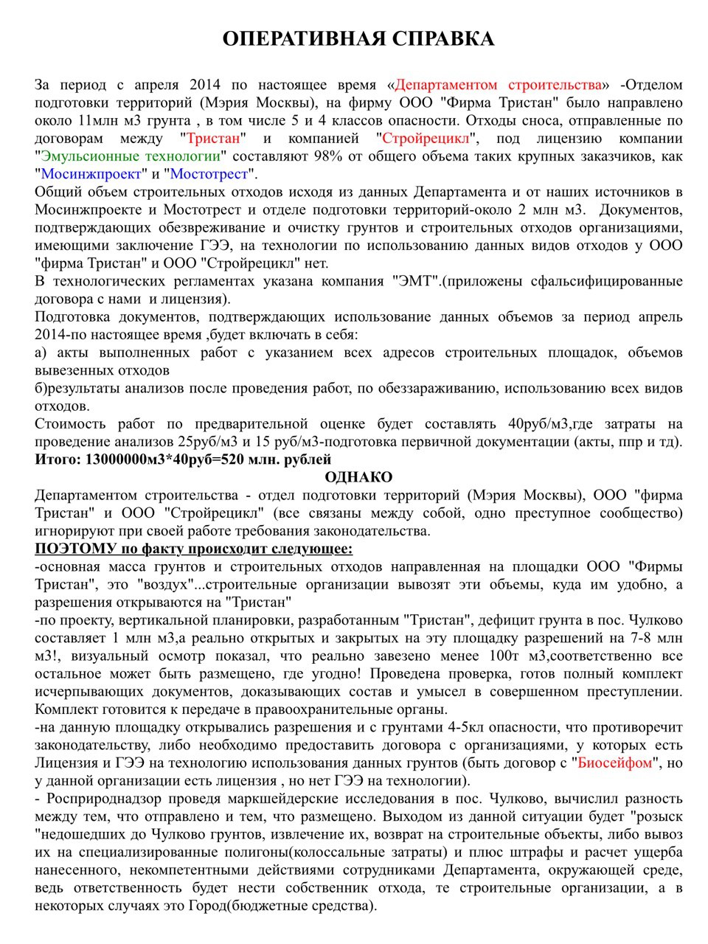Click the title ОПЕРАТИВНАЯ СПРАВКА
[358, 39]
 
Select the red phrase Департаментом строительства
[499, 85]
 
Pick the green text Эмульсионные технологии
[131, 156]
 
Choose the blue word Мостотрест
[209, 174]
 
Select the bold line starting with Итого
[183, 459]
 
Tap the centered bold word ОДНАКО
[358, 477]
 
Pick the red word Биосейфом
[614, 763]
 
